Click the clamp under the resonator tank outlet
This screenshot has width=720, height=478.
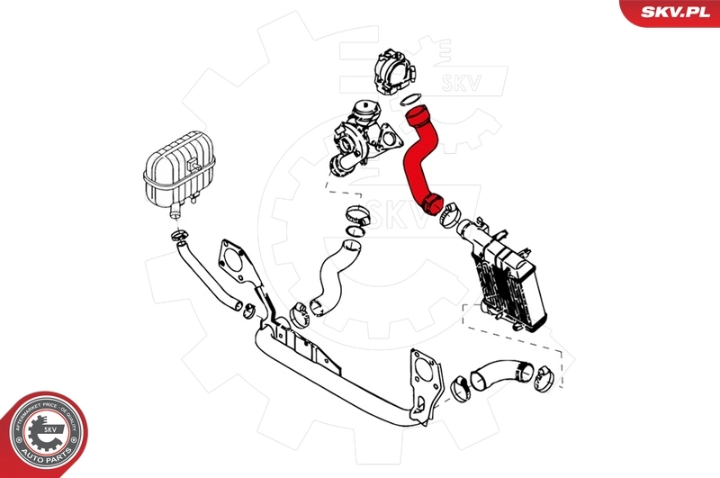point(178,237)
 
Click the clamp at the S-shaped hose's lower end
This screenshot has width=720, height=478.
point(300,314)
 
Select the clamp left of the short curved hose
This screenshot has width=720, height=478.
point(463,385)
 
